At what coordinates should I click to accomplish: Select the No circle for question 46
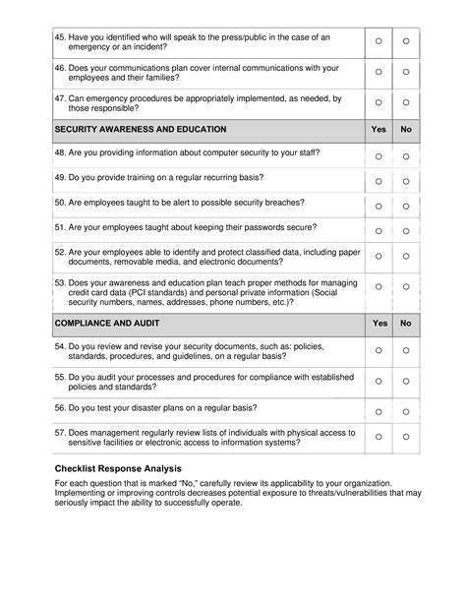tap(406, 73)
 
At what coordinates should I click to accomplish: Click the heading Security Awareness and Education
tap(141, 129)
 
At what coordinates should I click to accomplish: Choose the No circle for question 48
tap(406, 156)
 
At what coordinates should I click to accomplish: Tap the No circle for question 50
tap(406, 206)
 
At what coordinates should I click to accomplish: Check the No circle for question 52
tap(406, 258)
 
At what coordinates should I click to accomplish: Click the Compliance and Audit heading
tap(109, 323)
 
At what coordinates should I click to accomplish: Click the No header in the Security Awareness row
tap(406, 129)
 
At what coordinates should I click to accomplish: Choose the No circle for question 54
tap(406, 350)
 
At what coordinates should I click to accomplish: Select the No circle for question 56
tap(406, 407)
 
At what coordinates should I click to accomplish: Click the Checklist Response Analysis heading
tap(118, 468)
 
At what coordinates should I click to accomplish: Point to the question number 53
tap(60, 281)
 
